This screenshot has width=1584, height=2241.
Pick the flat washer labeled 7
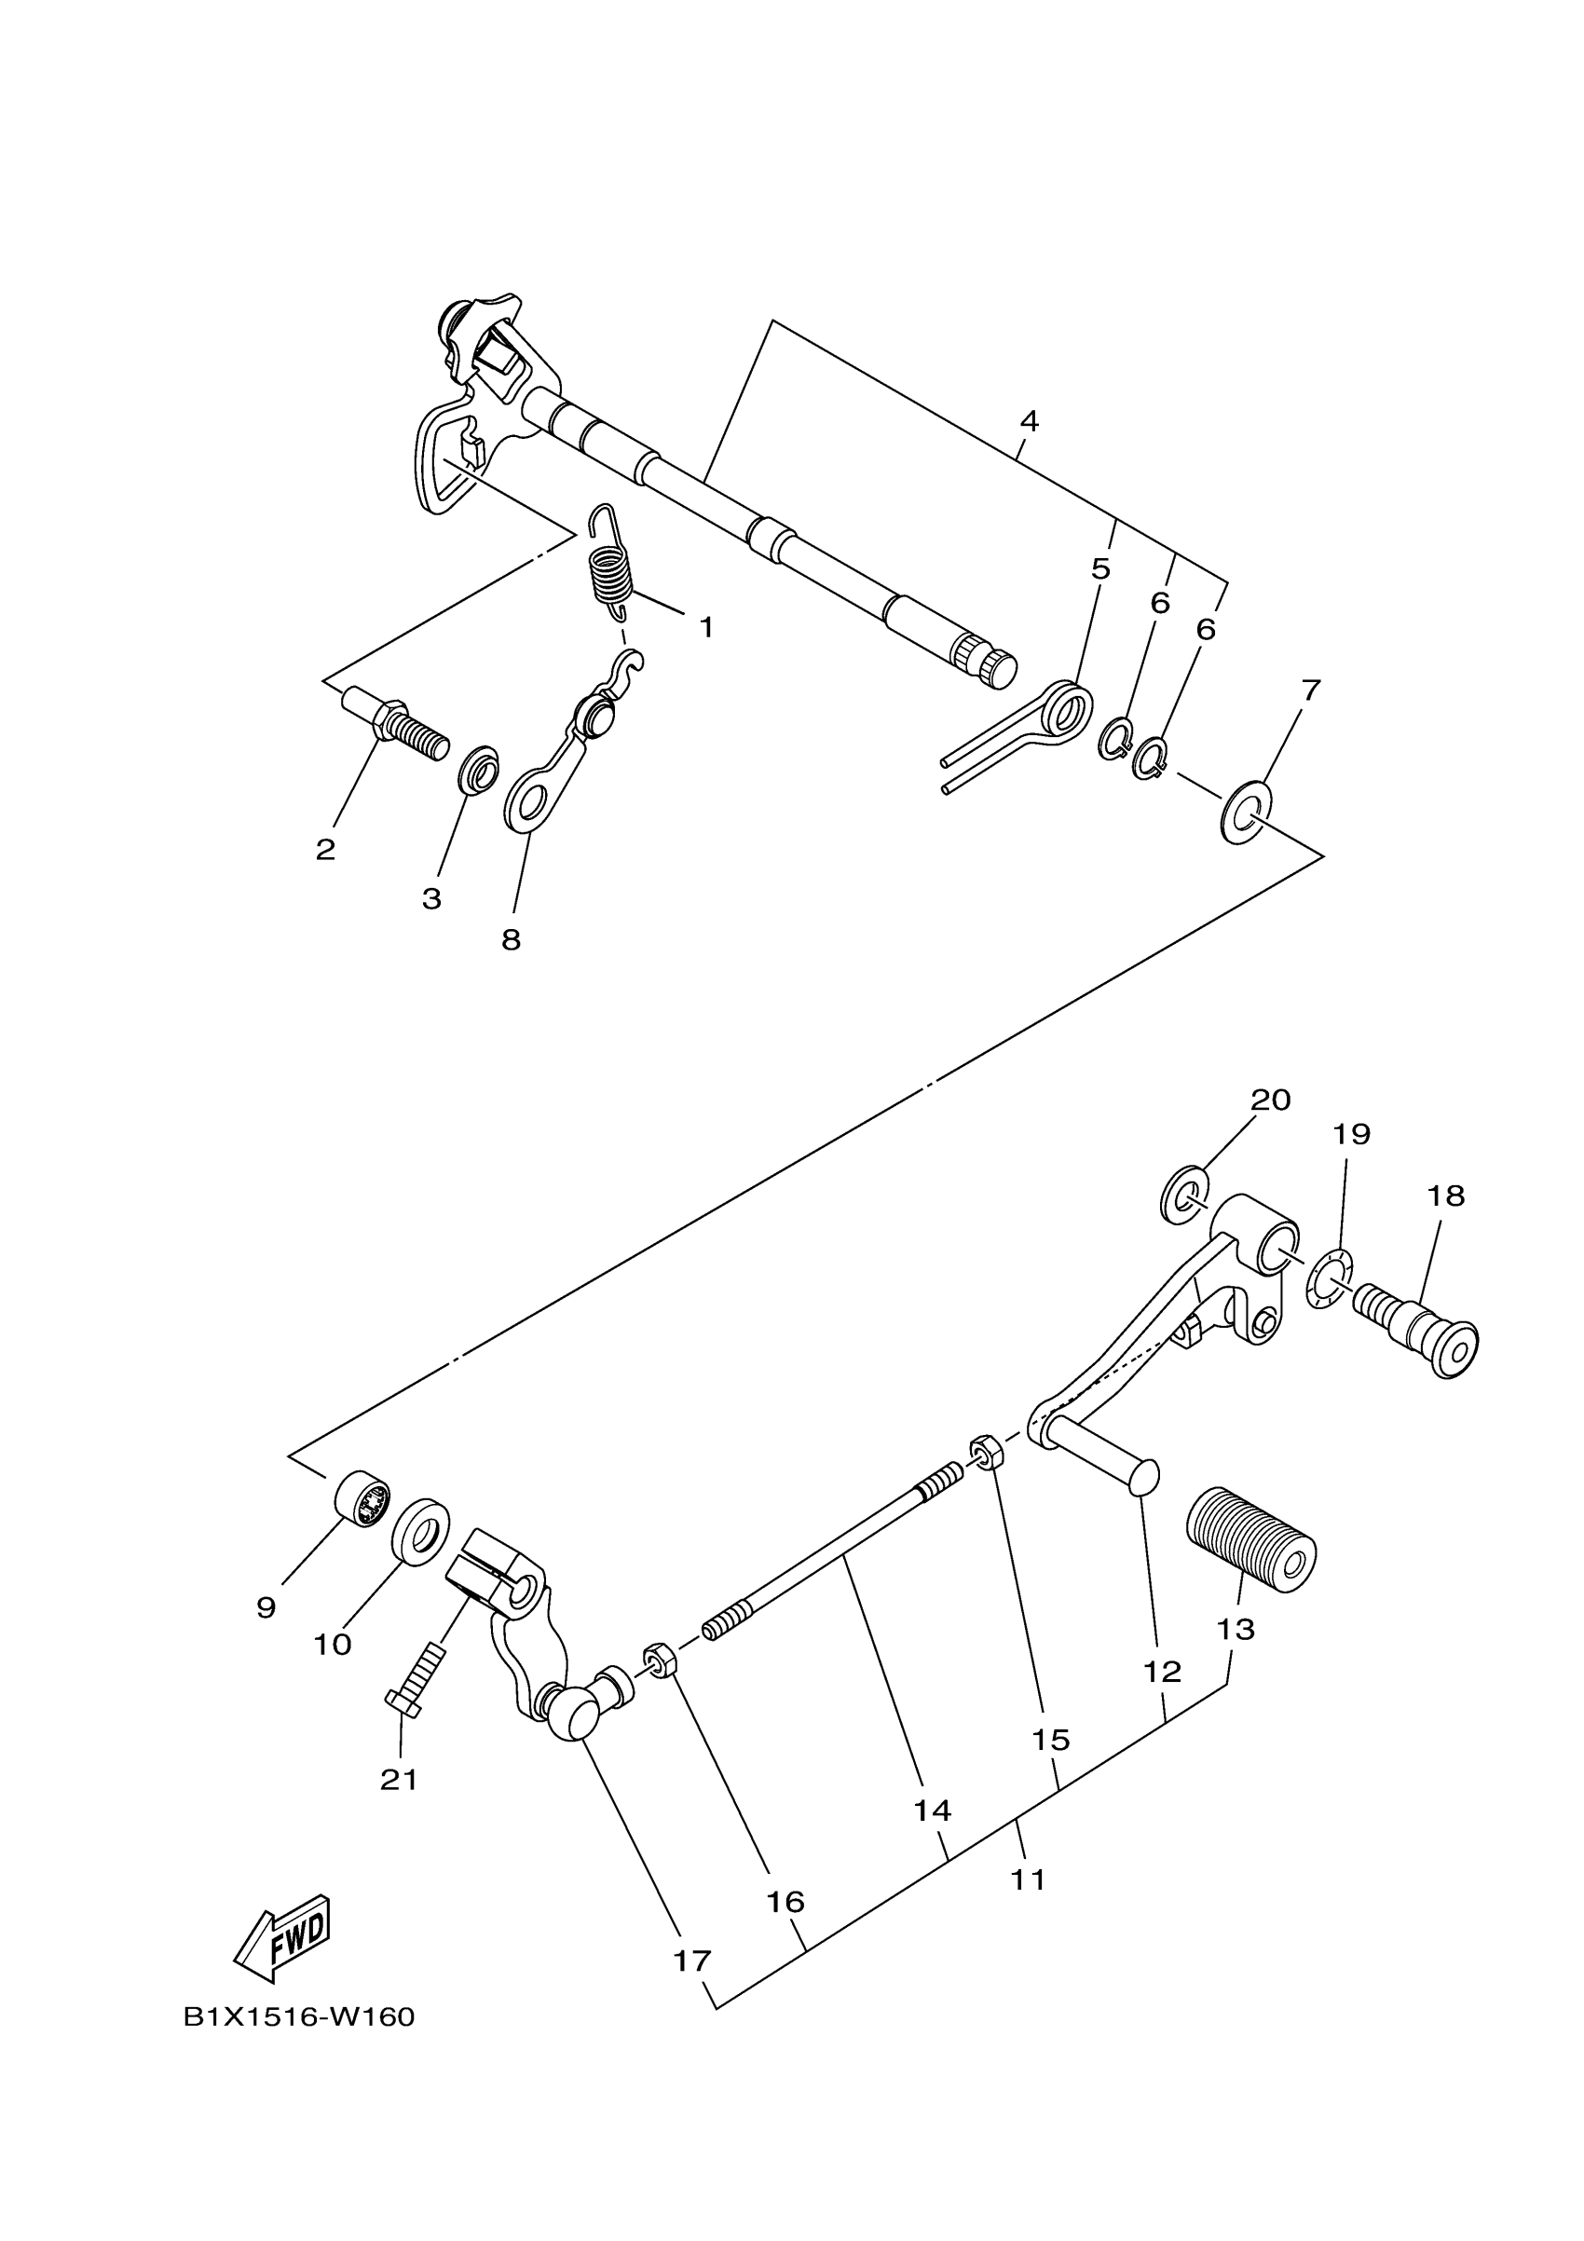[1246, 811]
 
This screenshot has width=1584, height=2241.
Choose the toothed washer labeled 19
[1330, 1278]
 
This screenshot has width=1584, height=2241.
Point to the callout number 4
[1029, 422]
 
